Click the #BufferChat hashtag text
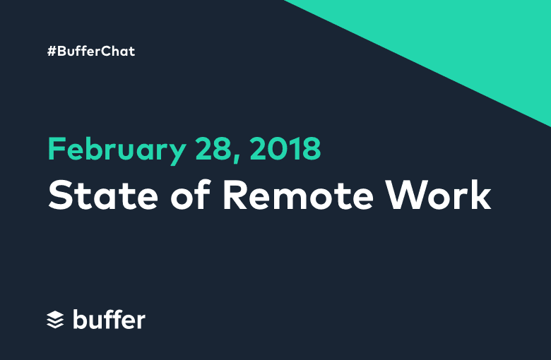click(x=91, y=52)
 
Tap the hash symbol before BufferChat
click(x=52, y=52)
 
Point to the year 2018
click(x=285, y=148)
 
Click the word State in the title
click(x=103, y=195)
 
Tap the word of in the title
click(x=190, y=194)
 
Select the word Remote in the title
click(x=298, y=195)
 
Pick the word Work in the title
click(x=438, y=195)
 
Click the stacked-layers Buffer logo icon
click(x=55, y=320)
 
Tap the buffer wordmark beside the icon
click(x=109, y=319)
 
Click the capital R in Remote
click(x=236, y=195)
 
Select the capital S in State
click(x=61, y=195)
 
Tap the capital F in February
click(x=57, y=148)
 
